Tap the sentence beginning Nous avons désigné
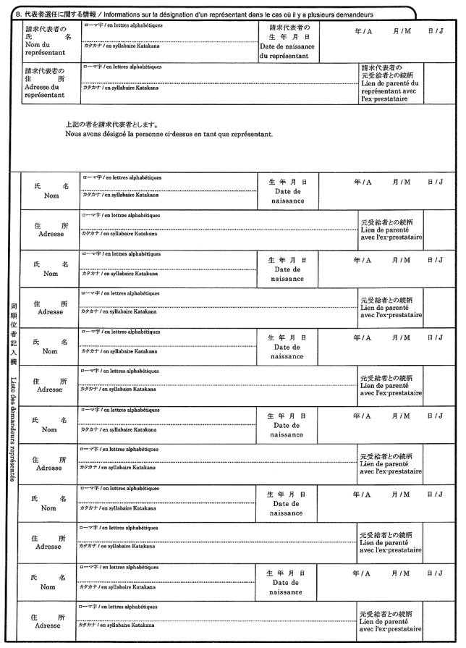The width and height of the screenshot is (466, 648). [169, 134]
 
